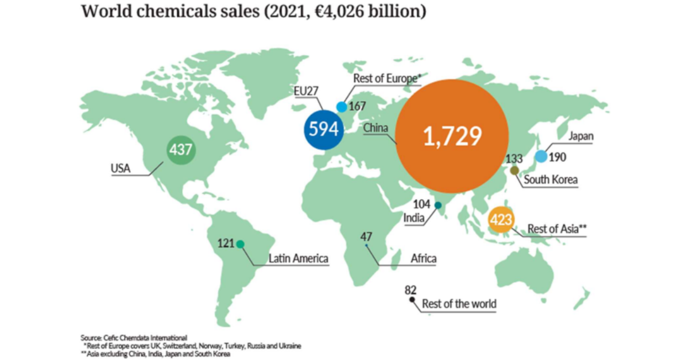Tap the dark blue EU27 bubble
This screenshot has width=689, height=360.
point(323,129)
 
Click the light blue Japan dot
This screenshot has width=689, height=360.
point(541,157)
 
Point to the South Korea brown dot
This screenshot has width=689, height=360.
point(514,170)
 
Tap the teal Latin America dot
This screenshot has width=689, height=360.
point(241,244)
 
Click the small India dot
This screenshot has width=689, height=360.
point(438,205)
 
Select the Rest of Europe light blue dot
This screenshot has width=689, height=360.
point(342,106)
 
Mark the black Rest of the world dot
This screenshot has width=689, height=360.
point(411,301)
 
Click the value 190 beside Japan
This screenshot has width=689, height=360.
point(558,157)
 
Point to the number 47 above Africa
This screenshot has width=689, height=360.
point(367,236)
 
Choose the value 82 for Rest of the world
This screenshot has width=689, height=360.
point(410,290)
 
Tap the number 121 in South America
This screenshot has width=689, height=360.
point(226,243)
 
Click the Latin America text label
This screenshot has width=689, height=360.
point(299,258)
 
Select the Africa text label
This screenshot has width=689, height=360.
point(423,258)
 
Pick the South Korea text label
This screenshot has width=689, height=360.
point(551,180)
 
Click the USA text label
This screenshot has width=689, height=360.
point(121,169)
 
